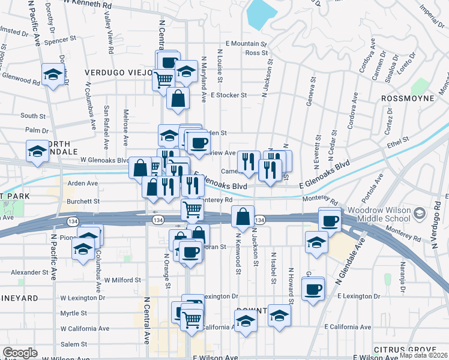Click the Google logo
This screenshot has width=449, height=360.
[x=20, y=352]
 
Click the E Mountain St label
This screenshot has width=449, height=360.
[x=246, y=44]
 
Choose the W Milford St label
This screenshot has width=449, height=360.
[x=122, y=280]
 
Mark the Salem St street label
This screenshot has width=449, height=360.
[x=74, y=344]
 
